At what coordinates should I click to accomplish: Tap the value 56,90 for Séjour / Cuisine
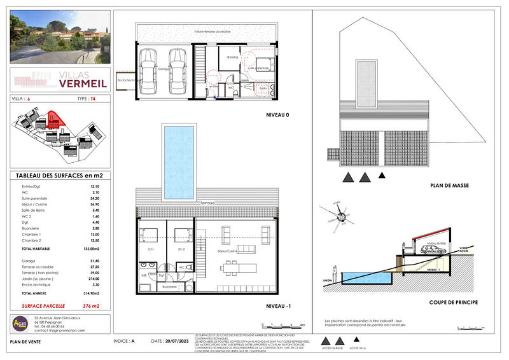pos(96,206)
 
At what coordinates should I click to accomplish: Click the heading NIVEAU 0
pos(277,115)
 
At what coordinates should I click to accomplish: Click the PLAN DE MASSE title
pos(449,186)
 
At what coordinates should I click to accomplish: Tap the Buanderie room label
pos(171,287)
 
